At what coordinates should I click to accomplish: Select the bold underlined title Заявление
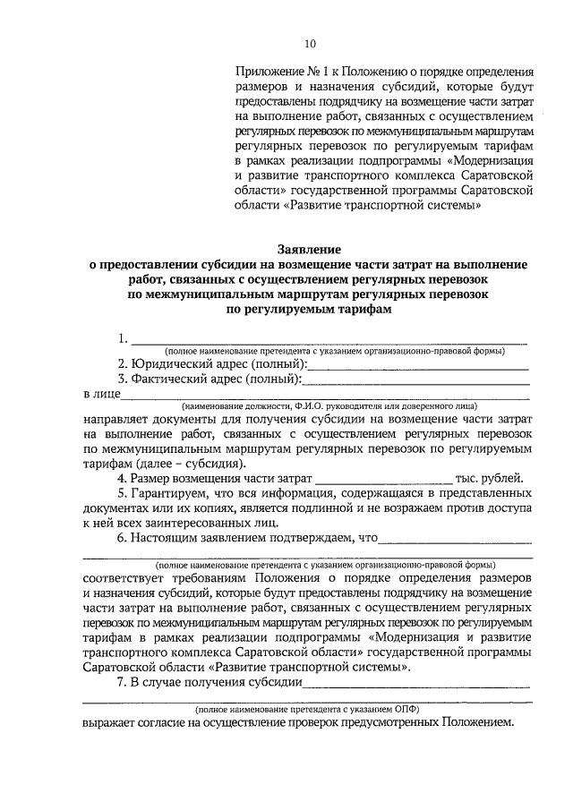(x=308, y=250)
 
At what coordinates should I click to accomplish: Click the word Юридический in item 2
(x=168, y=365)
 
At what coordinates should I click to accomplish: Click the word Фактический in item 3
(x=169, y=380)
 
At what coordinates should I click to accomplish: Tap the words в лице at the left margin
(x=98, y=394)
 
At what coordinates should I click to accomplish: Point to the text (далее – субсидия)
(x=192, y=464)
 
